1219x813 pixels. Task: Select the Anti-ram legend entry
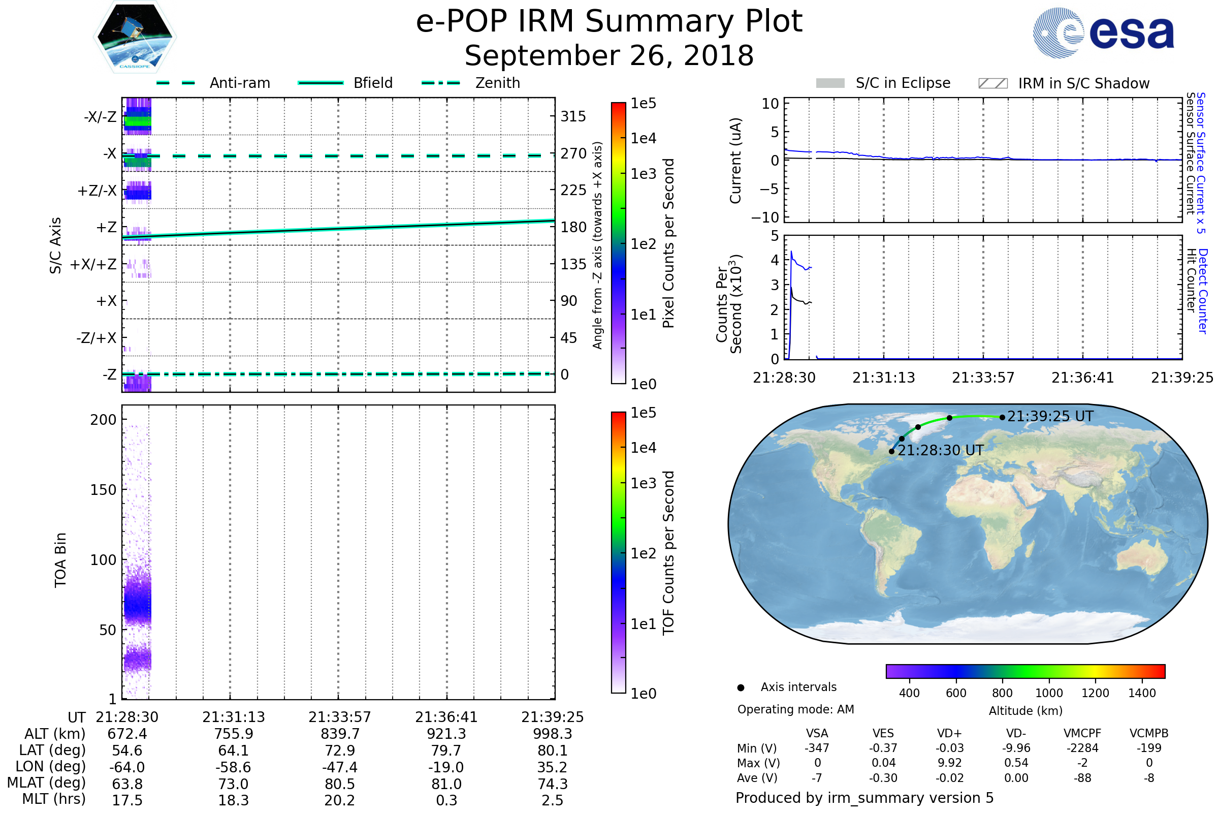click(239, 83)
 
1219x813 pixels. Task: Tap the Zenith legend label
click(498, 83)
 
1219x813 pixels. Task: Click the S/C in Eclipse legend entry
click(903, 83)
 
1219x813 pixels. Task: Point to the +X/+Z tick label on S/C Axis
click(93, 264)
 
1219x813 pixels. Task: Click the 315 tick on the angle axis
click(573, 116)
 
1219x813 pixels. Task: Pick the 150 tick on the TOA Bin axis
click(103, 489)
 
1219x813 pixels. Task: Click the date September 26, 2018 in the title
click(609, 56)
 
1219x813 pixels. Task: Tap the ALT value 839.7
click(340, 734)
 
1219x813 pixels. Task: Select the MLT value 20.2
click(340, 800)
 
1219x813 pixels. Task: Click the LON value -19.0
click(446, 767)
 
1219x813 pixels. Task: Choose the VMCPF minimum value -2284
click(1082, 747)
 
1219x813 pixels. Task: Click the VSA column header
click(817, 733)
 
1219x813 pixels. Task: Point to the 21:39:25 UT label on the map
click(1050, 416)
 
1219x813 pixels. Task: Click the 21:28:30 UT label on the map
click(940, 450)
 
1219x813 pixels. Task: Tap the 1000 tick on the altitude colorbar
click(1049, 693)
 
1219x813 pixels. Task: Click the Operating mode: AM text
click(795, 709)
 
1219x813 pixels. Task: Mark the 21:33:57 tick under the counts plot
click(983, 378)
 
